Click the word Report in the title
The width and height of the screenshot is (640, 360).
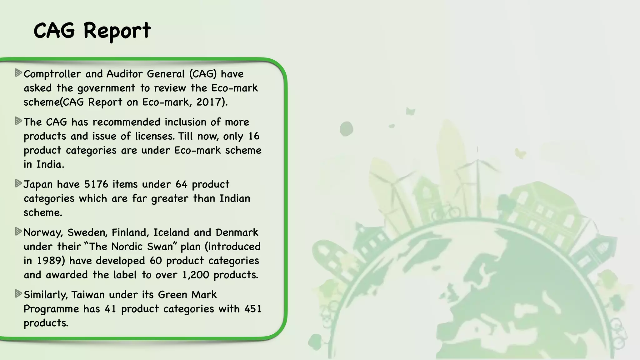[117, 31]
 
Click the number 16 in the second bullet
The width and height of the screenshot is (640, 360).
[254, 136]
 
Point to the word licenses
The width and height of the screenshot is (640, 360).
[155, 136]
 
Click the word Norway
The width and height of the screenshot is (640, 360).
[43, 232]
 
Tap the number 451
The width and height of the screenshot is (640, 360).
[253, 309]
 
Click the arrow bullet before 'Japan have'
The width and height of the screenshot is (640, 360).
[18, 183]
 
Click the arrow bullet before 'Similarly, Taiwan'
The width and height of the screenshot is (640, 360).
[18, 294]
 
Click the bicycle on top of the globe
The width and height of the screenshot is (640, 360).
[446, 211]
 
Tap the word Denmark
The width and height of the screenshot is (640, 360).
[237, 232]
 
